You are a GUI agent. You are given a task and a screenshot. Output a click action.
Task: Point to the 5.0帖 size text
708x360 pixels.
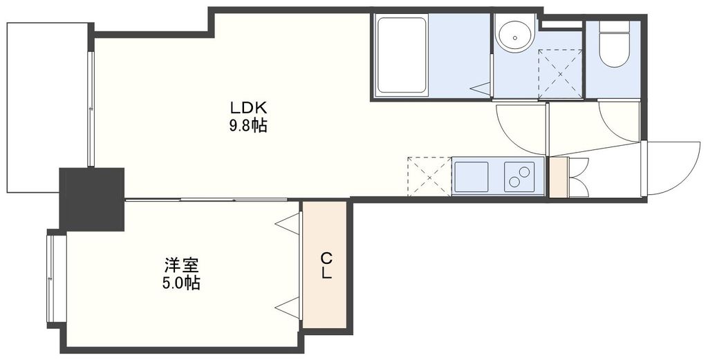(x=182, y=283)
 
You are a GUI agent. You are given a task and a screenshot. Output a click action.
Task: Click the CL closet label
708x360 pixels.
(x=326, y=265)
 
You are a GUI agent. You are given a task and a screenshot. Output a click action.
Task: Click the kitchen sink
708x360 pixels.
(x=471, y=177)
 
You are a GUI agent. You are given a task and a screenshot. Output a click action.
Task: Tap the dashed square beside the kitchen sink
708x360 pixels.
(x=429, y=177)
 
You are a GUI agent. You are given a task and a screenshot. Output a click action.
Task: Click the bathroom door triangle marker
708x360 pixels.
(x=481, y=88)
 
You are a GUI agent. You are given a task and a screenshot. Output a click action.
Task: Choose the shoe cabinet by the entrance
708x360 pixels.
(x=557, y=178)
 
